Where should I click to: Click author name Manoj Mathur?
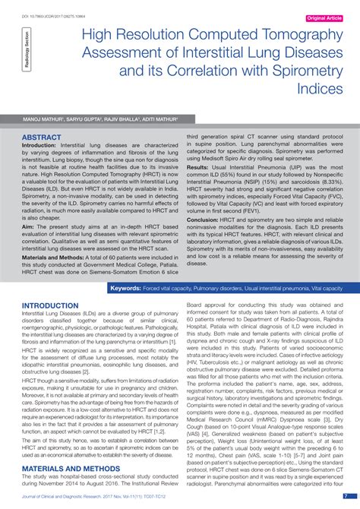(45, 119)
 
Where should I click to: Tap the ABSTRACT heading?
(42, 138)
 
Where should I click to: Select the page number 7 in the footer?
(346, 495)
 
